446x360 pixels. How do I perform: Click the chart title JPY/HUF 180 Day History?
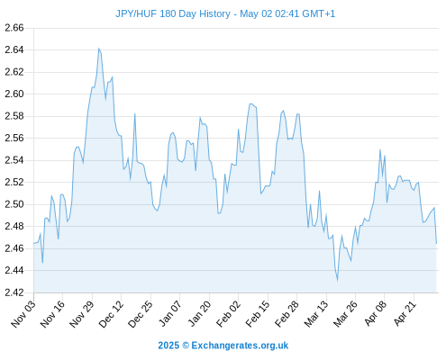coord(173,13)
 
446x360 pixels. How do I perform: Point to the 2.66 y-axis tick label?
coord(14,28)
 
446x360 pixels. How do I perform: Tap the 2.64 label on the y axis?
coord(14,49)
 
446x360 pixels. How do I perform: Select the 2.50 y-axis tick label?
coord(14,204)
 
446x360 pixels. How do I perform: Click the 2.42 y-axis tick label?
coord(14,292)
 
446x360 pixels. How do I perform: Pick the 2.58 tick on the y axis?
coord(14,116)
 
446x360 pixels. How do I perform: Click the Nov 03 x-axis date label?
coord(23,313)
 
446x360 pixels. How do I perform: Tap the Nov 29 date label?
coord(82,313)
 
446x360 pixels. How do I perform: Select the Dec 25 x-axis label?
coord(141,313)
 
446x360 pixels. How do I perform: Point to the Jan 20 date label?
coord(199,313)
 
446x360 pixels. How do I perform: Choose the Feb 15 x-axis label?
coord(258,313)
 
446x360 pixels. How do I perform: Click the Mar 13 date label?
coord(316,313)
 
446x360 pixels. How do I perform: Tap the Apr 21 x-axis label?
coord(405,313)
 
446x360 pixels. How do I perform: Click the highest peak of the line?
coord(99,49)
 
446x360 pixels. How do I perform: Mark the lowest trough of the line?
coord(338,281)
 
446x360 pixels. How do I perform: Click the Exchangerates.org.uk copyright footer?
coord(223,346)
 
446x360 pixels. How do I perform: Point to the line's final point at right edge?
coord(436,243)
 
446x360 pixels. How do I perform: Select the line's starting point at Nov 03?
coord(34,243)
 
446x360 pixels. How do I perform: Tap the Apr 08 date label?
coord(375,313)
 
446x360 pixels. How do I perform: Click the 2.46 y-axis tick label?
coord(14,248)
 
